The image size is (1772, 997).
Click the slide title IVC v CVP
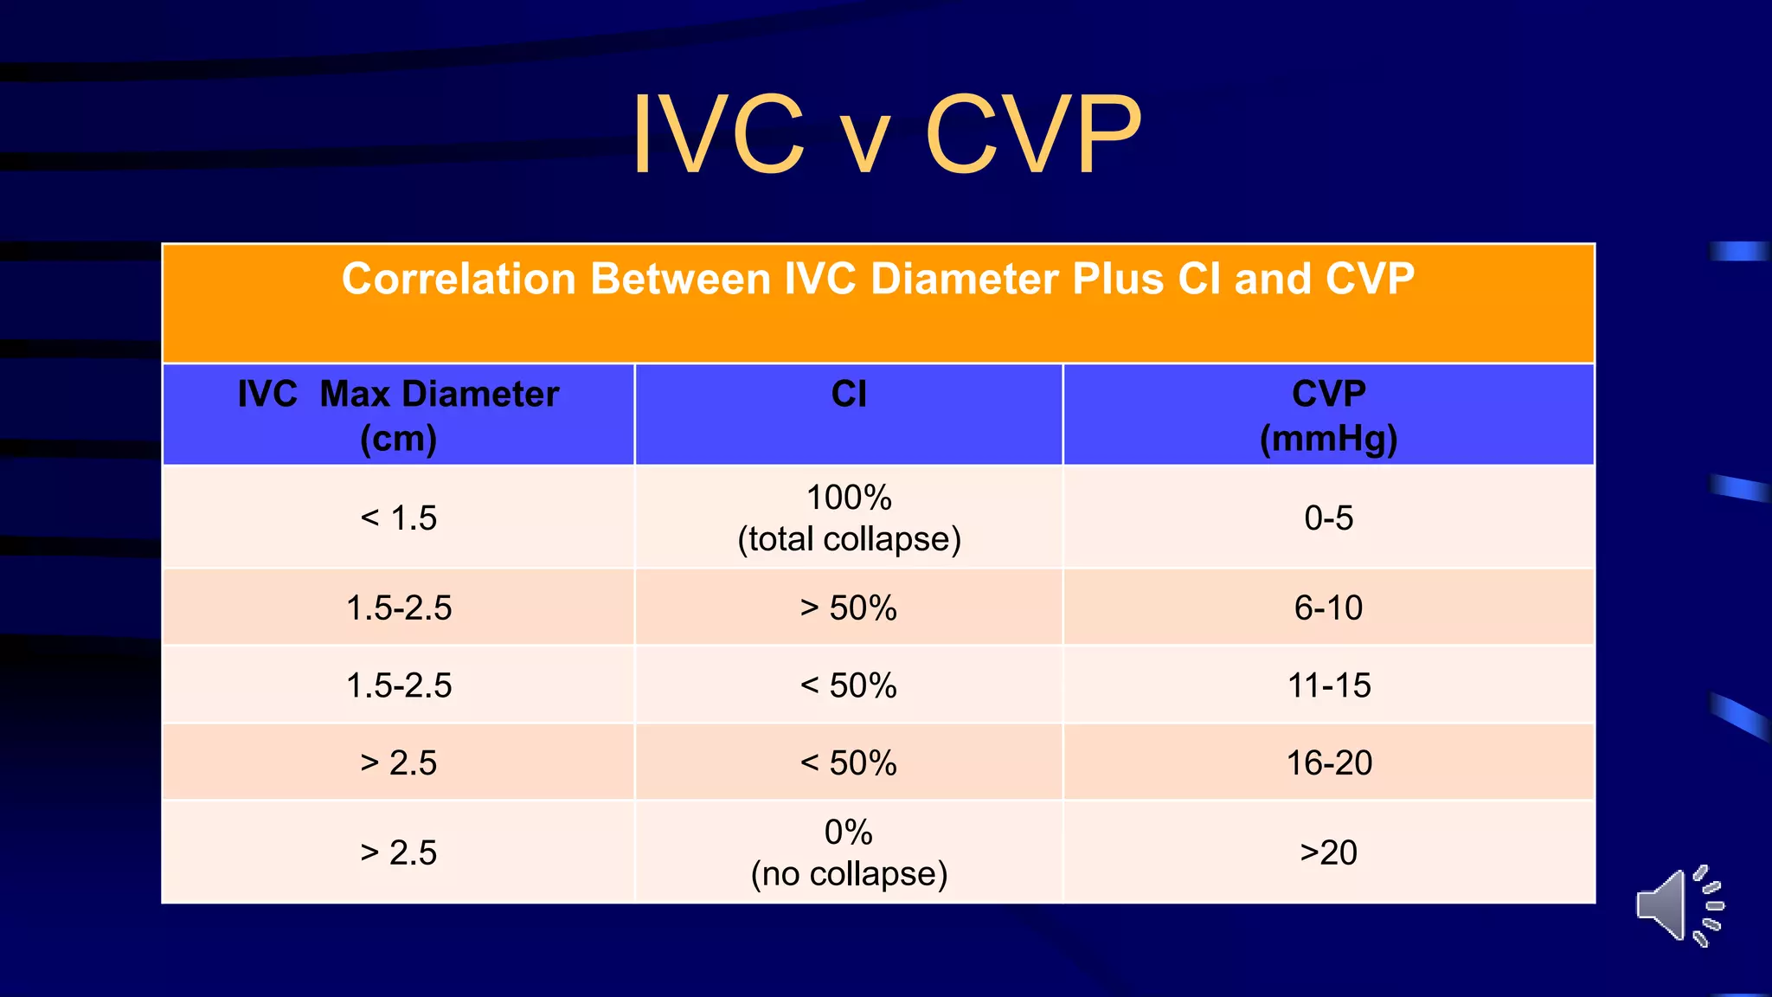tap(886, 134)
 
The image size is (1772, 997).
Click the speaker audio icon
tap(1679, 905)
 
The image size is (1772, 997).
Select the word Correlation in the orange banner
tap(459, 280)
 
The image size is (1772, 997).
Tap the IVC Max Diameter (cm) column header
tap(398, 415)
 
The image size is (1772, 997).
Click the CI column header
tap(849, 395)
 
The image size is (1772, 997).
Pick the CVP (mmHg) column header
tap(1328, 415)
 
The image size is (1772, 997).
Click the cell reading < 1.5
tap(398, 518)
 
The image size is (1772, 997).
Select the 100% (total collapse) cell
tap(849, 518)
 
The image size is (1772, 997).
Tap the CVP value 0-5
tap(1328, 518)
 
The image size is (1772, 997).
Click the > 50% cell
tap(849, 608)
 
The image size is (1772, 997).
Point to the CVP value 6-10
tap(1328, 608)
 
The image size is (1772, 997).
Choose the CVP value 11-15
tap(1328, 685)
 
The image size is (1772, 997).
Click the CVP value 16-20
tap(1328, 762)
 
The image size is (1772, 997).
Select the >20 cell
tap(1328, 852)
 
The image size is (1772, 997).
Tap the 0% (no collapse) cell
tap(849, 852)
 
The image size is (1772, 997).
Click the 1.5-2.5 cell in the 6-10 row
tap(398, 608)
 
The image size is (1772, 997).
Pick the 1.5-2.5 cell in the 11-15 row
tap(398, 685)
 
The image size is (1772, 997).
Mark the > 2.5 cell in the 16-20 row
tap(398, 762)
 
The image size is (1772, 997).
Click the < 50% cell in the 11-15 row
tap(849, 685)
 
